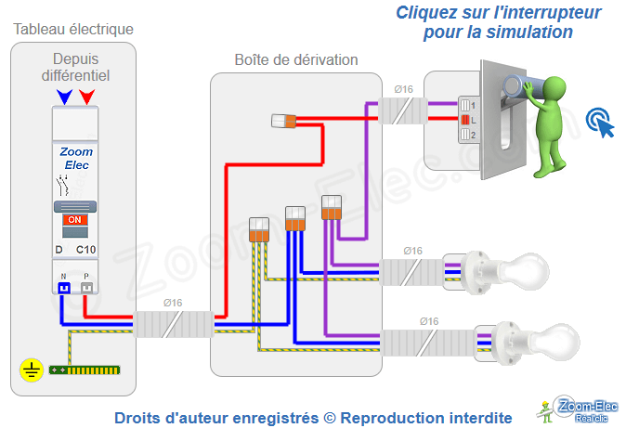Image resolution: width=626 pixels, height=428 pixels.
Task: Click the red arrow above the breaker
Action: [86, 96]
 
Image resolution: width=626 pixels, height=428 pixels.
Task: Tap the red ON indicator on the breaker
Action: [75, 220]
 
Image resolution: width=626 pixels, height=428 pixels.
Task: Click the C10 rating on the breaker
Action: [85, 250]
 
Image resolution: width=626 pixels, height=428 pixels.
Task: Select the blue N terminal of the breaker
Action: [63, 288]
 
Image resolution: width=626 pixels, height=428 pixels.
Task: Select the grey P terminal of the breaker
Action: [86, 288]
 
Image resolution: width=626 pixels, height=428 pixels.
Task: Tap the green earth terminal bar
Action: [84, 370]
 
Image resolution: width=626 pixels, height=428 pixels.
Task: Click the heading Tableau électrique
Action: [73, 30]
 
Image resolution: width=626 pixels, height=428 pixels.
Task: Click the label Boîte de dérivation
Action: [295, 60]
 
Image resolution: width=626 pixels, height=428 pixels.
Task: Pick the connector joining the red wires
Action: [283, 120]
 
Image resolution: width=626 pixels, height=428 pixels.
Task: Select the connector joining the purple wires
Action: [332, 207]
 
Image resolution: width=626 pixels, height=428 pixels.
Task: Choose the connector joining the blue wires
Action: [295, 219]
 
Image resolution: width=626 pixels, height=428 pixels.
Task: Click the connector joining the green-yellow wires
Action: [259, 228]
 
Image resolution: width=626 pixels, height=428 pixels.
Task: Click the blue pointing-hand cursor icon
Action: [600, 122]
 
